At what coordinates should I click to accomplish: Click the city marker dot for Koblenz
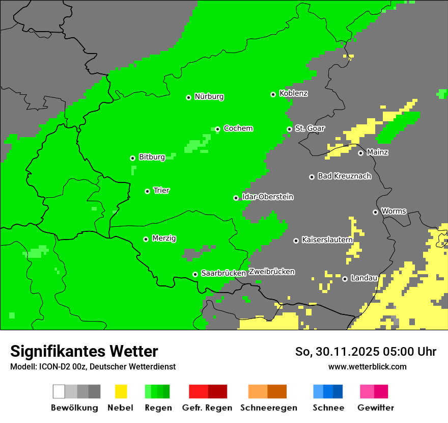point(273,94)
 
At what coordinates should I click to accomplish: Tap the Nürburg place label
point(209,96)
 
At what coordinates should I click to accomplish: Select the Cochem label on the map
point(238,128)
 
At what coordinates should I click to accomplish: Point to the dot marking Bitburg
point(132,158)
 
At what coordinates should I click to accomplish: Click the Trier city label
point(161,191)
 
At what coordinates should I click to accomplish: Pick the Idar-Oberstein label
point(267,197)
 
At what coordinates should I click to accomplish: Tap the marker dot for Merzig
point(146,239)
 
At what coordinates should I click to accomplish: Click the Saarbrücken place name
point(223,273)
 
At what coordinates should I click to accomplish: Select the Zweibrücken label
point(271,272)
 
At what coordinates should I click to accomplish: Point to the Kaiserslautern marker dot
point(296,241)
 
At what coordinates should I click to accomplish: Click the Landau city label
point(364,278)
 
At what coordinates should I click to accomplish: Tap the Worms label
point(394,211)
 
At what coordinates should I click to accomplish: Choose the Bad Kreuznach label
point(344,176)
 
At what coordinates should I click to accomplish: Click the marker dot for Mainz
point(360,153)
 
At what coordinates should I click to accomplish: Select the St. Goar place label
point(310,128)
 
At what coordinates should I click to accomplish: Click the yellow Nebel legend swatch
point(121,391)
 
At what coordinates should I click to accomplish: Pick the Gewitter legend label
point(376,408)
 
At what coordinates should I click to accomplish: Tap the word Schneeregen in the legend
point(268,408)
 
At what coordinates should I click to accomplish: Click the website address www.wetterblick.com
point(367,366)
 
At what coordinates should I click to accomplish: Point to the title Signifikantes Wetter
point(84,351)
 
